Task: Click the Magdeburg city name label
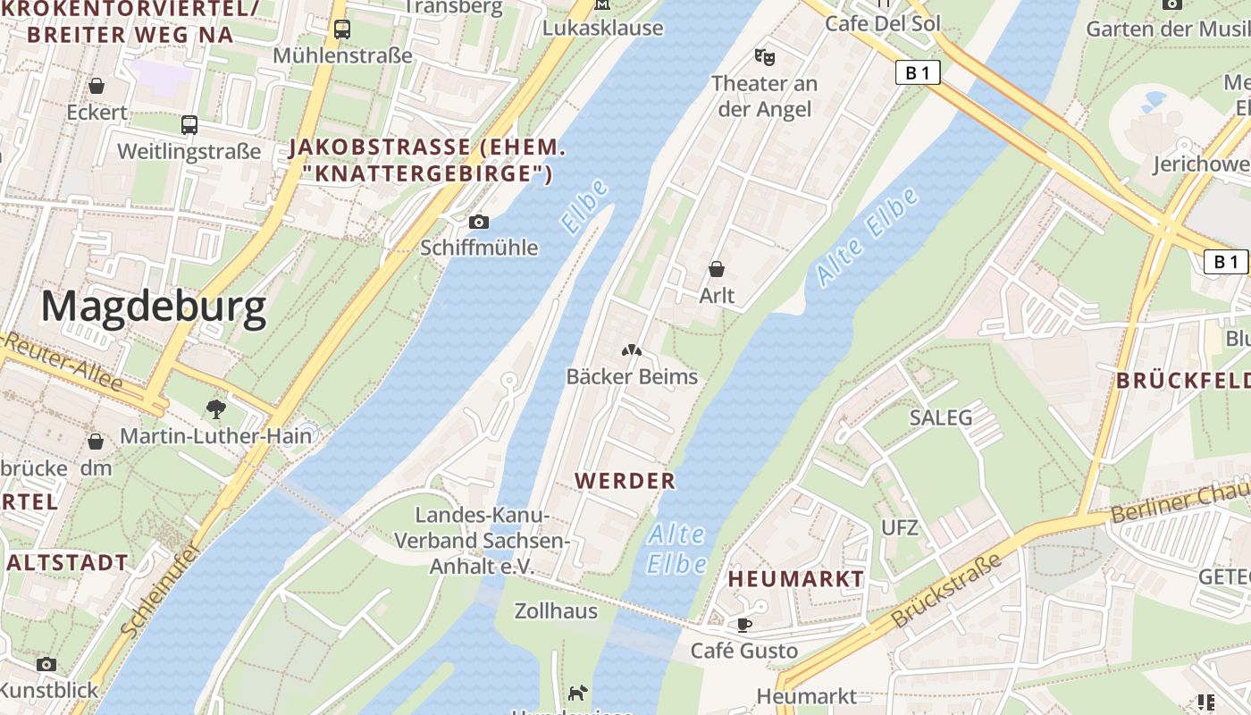153,307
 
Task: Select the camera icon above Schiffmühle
479,222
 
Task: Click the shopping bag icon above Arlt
717,268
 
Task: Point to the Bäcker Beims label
632,376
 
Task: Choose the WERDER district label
625,481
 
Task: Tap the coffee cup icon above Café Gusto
743,624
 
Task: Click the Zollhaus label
556,611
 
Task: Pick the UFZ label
900,527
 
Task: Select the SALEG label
941,417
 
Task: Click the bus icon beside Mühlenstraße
342,29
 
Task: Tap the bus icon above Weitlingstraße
189,124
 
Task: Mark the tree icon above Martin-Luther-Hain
215,408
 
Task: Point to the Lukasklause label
603,28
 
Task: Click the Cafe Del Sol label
883,23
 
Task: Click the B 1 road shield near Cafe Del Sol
918,73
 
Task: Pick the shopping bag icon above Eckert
97,86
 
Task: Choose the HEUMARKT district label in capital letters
796,579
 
